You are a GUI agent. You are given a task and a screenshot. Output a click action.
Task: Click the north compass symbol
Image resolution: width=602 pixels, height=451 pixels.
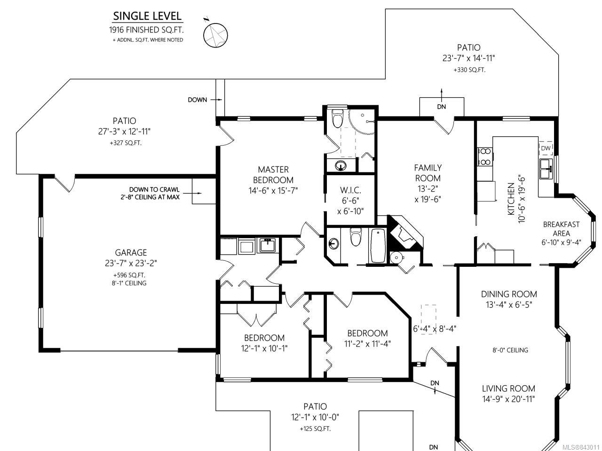pyautogui.click(x=215, y=35)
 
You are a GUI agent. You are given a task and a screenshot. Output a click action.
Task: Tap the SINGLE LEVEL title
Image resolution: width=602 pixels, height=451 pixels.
pyautogui.click(x=147, y=16)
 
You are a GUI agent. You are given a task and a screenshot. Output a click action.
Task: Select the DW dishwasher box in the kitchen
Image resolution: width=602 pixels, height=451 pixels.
pyautogui.click(x=546, y=148)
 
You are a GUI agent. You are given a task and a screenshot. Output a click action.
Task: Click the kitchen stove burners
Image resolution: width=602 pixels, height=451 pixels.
pyautogui.click(x=485, y=156)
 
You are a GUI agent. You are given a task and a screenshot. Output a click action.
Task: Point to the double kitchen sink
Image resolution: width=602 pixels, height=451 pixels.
pyautogui.click(x=546, y=169)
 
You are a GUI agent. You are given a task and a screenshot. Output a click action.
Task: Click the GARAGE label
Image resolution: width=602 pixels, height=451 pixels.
pyautogui.click(x=131, y=252)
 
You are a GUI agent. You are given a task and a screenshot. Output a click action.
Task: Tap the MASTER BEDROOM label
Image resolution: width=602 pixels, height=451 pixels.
pyautogui.click(x=273, y=175)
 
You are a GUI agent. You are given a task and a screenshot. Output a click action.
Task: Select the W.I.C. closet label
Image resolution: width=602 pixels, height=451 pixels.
pyautogui.click(x=350, y=190)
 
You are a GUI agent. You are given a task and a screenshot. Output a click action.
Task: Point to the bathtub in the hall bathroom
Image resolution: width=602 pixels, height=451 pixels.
pyautogui.click(x=378, y=246)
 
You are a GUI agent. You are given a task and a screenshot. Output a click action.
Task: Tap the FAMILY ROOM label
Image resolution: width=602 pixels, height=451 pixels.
pyautogui.click(x=428, y=173)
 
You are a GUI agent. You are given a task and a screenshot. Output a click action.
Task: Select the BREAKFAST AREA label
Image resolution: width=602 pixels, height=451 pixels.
pyautogui.click(x=561, y=229)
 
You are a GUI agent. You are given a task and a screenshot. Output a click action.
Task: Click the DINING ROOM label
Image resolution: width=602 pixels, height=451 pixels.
pyautogui.click(x=509, y=294)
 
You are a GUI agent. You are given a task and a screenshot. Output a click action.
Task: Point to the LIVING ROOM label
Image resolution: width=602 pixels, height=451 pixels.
pyautogui.click(x=508, y=389)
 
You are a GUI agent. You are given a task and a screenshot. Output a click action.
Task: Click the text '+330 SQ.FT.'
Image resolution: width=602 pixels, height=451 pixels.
pyautogui.click(x=469, y=70)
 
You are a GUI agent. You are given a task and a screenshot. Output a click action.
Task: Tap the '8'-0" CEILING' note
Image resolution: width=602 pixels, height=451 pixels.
pyautogui.click(x=510, y=350)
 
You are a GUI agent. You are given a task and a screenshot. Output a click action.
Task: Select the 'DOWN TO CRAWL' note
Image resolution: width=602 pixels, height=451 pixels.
pyautogui.click(x=154, y=189)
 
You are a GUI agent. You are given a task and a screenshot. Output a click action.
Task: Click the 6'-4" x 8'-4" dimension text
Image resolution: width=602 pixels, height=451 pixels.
pyautogui.click(x=435, y=328)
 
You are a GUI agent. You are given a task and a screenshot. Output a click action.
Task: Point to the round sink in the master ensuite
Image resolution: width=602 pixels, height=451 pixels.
pyautogui.click(x=341, y=165)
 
